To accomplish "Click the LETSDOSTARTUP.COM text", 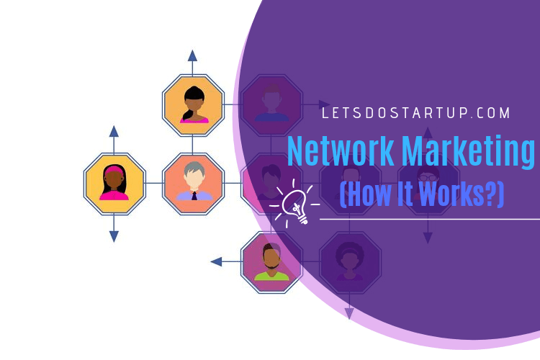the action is coord(415,113).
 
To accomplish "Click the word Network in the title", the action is coord(341,151).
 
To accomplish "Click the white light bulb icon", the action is coord(294,204).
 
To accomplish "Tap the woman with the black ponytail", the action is coord(194,105).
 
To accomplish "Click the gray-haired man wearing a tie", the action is coord(194,181).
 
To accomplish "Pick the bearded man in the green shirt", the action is coord(271,262).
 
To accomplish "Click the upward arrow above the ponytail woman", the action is coord(192,62).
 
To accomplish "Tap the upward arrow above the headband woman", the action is coord(114,139).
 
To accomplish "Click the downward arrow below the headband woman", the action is coord(114,228).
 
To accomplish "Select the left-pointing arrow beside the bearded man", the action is coord(225,262).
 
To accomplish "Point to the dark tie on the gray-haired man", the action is coord(194,196).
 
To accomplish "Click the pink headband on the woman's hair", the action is coord(114,170).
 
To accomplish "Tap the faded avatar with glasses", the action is coord(428,183).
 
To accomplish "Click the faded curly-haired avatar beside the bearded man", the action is coord(350,262).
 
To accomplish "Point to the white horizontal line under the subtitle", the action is coord(430,219).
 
